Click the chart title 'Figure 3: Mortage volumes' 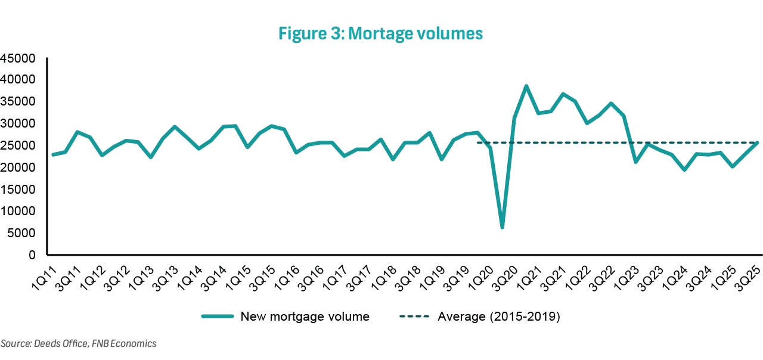coord(380,34)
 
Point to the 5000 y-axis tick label coord(23,233)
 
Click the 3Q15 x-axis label coord(261,273)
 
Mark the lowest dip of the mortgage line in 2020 coord(503,227)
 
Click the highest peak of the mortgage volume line coord(526,86)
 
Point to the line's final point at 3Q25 coord(757,142)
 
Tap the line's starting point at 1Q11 coord(53,155)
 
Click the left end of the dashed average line coord(477,142)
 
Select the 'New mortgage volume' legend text coord(305,316)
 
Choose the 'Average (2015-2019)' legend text coord(499,316)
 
